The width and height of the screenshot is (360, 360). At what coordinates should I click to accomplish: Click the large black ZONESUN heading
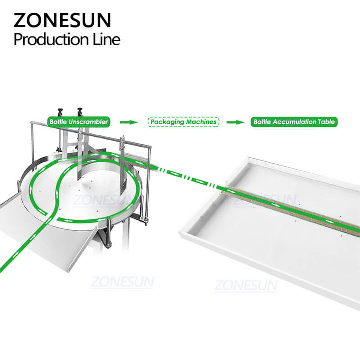62,20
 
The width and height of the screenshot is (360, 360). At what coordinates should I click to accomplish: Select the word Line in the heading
107,39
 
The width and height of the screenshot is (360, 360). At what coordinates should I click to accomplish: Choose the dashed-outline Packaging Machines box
183,122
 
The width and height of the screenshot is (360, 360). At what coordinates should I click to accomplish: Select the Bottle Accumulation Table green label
294,122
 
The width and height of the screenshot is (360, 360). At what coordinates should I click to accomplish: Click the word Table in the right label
326,122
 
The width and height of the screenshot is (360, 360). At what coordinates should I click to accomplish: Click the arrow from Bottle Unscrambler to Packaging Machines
129,122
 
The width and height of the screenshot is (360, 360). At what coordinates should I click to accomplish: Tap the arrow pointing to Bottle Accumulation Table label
236,122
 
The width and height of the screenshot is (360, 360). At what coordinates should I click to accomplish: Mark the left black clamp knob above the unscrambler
60,112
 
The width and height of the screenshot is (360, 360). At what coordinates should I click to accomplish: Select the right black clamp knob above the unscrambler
80,112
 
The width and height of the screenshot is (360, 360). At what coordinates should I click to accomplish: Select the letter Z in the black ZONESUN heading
20,20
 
